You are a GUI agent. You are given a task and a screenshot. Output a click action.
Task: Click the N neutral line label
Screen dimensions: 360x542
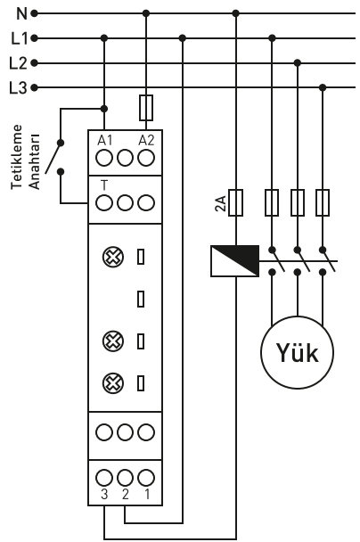click(21, 13)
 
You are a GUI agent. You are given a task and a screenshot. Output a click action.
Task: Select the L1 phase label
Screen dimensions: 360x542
click(19, 38)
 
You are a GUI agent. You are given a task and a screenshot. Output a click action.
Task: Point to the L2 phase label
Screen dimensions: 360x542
click(18, 63)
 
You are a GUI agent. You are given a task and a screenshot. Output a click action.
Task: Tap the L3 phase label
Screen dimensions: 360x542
click(18, 87)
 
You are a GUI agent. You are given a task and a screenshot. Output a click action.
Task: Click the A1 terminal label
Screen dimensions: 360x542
click(104, 141)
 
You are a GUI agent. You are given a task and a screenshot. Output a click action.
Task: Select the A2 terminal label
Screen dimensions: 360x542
click(146, 141)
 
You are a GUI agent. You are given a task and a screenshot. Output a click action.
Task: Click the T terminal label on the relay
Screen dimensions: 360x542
click(104, 186)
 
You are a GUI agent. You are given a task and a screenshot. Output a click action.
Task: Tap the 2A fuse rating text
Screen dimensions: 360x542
click(221, 203)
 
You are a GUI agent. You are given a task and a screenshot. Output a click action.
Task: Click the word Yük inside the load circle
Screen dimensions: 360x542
click(297, 353)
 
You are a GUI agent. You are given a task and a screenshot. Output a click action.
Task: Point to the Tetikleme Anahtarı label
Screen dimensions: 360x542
click(25, 157)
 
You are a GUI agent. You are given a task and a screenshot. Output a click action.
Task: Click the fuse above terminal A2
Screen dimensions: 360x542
click(146, 108)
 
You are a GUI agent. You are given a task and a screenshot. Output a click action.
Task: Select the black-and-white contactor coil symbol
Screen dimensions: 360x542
click(235, 261)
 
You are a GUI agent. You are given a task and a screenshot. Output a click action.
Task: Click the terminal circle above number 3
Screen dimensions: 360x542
click(104, 478)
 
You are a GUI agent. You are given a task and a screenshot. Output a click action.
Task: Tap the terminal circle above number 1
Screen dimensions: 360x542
click(146, 478)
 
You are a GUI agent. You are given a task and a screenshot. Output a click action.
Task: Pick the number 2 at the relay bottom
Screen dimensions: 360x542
click(125, 494)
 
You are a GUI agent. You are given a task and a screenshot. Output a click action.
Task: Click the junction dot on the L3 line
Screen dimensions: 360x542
click(323, 87)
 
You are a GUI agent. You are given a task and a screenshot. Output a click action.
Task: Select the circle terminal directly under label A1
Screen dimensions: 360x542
click(104, 158)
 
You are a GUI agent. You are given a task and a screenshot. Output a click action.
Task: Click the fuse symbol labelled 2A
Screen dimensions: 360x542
click(235, 202)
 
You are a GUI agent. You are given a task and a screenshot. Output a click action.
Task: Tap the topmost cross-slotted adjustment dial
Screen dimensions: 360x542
click(113, 257)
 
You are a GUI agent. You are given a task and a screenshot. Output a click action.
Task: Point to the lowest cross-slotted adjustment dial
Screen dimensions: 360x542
click(113, 383)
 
